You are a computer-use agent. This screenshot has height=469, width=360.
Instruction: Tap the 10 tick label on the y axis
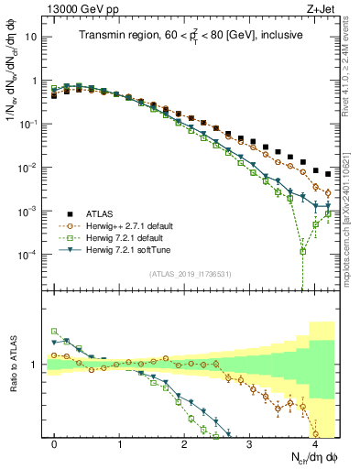(30, 38)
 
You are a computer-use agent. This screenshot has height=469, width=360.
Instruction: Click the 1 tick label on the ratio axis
(34, 365)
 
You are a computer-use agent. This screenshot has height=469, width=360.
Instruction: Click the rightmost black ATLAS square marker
(328, 173)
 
